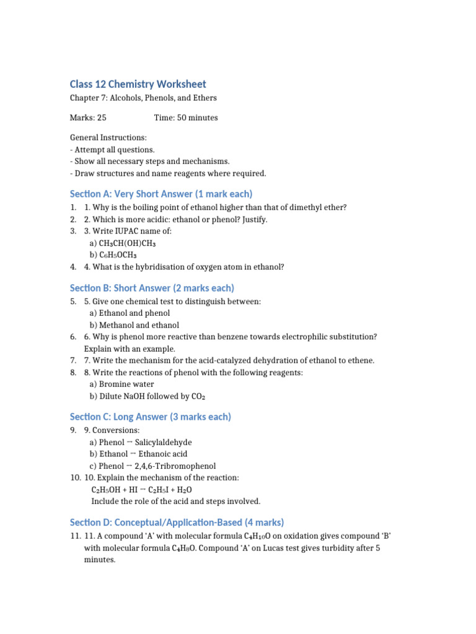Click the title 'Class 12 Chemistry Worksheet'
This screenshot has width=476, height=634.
pos(138,84)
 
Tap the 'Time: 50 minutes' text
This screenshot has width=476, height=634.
pos(186,118)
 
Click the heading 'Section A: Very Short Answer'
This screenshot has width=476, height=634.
pos(161,194)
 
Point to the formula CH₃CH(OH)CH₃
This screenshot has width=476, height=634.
pos(126,243)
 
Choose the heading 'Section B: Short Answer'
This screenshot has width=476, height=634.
pos(152,288)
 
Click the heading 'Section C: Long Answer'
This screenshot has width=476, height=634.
pos(151,417)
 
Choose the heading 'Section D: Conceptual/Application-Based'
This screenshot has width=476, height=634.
pos(177,522)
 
